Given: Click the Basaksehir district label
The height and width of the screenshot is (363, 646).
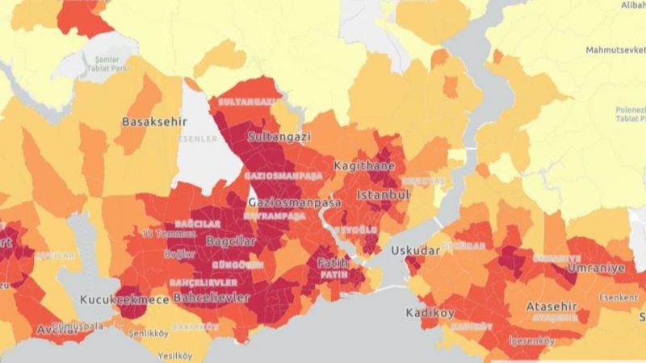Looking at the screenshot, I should pos(153,122).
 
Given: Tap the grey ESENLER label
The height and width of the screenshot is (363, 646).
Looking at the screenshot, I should pos(199,139).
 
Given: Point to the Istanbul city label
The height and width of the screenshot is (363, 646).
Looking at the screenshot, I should pos(384,194).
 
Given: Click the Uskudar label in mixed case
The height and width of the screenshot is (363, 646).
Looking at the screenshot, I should pos(415,251).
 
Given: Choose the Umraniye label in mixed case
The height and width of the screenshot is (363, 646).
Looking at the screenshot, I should pos(596,267).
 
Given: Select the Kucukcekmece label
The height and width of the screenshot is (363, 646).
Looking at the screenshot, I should pos(124,299).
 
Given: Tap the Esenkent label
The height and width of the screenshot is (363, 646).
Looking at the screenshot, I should pos(619,296).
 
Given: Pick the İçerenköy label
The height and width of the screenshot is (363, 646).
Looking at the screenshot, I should pos(531,340).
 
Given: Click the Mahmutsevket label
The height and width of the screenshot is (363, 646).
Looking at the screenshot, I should pos(616,50).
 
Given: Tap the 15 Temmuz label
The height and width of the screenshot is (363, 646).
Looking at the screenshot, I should pos(158,233).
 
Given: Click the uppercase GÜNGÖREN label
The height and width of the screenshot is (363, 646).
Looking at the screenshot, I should pos(237,265).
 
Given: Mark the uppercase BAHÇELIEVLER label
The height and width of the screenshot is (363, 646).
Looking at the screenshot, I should pos(203,283).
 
